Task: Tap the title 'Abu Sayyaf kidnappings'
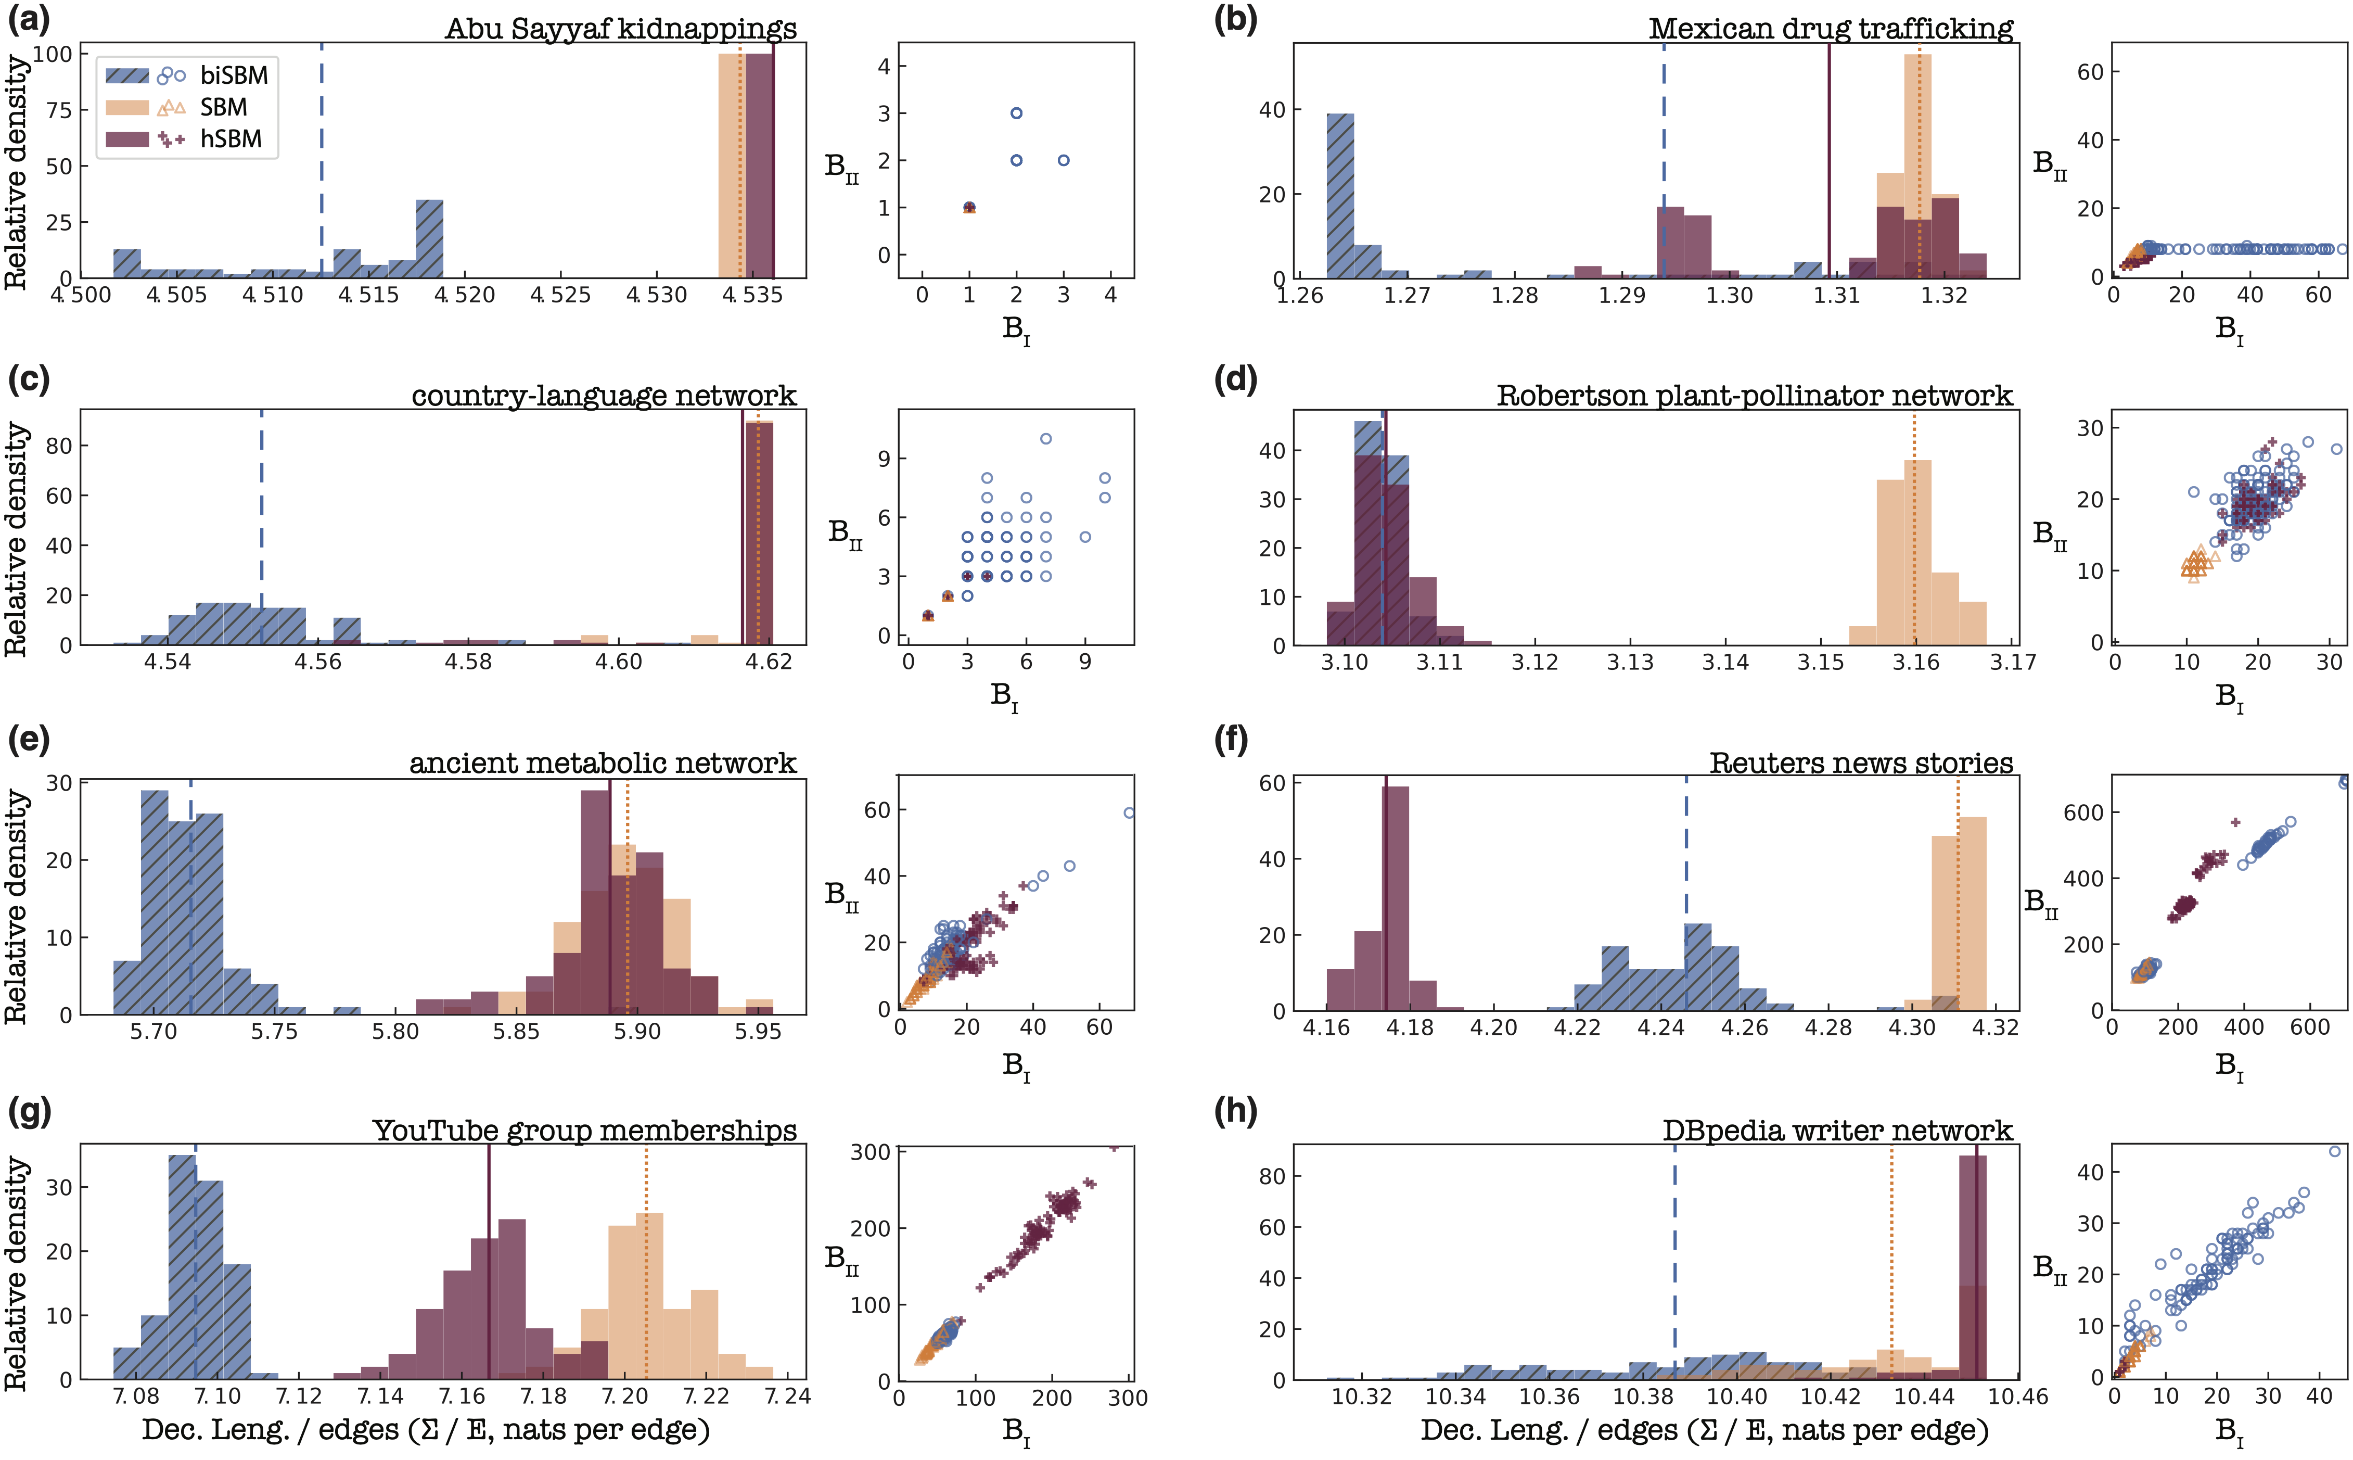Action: [x=621, y=28]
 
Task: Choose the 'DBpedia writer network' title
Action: [x=1837, y=1130]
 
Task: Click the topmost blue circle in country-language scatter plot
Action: [x=1045, y=438]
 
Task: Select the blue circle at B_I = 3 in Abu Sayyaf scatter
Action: [x=1063, y=160]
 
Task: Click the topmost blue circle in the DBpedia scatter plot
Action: [x=2335, y=1151]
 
